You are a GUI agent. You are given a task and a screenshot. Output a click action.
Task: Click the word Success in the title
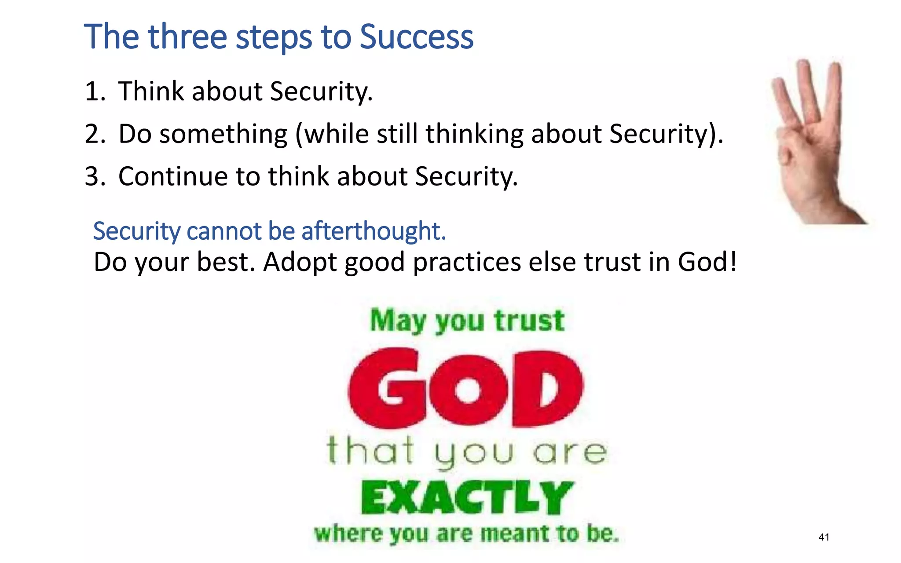(x=416, y=37)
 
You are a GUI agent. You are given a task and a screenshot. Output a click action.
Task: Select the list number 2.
(x=94, y=134)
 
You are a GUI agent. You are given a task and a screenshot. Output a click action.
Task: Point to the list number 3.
(x=94, y=176)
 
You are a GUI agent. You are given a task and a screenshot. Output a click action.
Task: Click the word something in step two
(x=223, y=134)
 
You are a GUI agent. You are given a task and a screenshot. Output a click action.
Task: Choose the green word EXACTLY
(x=467, y=498)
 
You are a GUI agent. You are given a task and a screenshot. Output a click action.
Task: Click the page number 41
(x=824, y=537)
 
